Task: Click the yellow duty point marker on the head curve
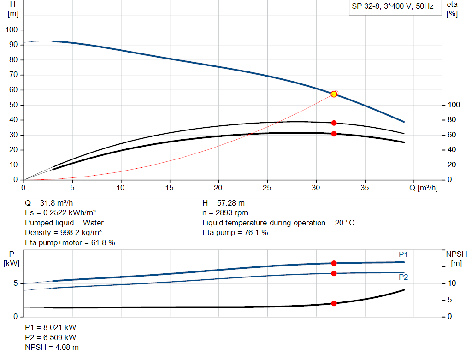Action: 334,94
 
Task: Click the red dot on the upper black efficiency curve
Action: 334,123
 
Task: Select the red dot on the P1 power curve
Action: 334,263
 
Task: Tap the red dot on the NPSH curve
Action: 334,303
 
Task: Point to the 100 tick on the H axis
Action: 12,30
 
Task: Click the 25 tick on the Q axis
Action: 267,188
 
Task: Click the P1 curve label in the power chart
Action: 403,255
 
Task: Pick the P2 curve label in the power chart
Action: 403,277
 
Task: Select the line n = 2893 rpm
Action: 225,213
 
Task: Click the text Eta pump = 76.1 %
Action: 235,233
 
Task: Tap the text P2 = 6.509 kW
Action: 50,337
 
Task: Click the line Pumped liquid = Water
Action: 64,223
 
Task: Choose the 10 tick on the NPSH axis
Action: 452,283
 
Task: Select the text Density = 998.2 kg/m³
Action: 63,233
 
